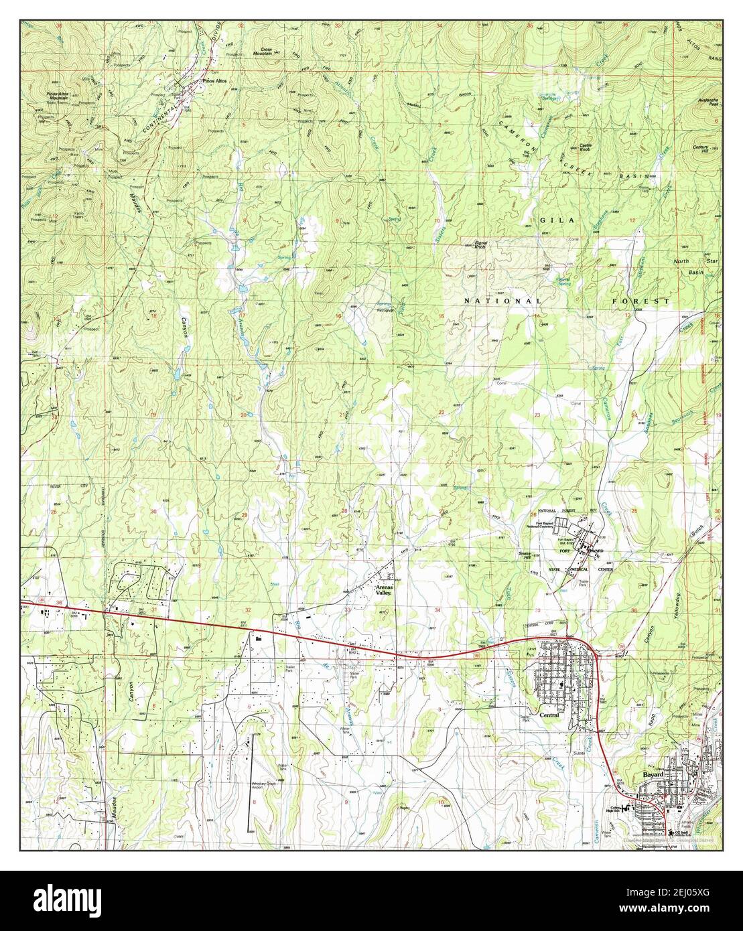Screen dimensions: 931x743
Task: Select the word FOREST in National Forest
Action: point(641,301)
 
